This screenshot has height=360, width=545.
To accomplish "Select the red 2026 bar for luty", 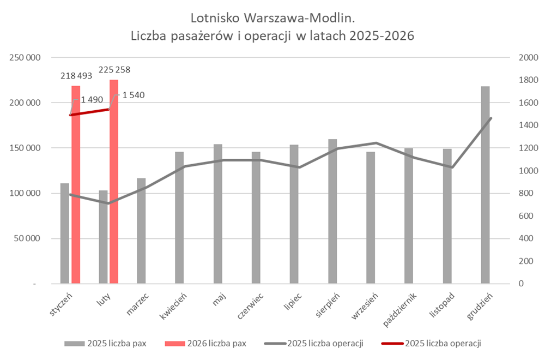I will (x=114, y=183).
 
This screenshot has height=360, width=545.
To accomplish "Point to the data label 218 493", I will (x=76, y=75).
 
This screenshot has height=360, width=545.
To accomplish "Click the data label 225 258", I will (x=114, y=69).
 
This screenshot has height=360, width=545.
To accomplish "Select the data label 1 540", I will (x=134, y=95).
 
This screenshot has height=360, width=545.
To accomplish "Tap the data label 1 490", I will (x=92, y=100).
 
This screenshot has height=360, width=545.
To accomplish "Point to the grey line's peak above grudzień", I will (x=491, y=118).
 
